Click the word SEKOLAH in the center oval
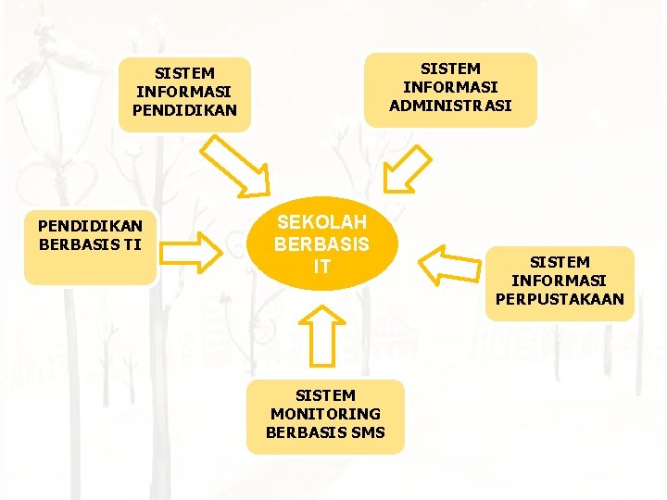[321, 222]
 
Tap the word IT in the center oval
[321, 268]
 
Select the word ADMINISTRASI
[450, 106]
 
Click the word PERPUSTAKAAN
[560, 299]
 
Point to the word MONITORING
[325, 414]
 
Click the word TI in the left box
[132, 244]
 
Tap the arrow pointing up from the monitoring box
[321, 335]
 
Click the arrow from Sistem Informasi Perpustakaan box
[447, 264]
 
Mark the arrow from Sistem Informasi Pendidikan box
[233, 166]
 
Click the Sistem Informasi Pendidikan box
[185, 92]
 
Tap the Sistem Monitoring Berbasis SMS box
[325, 416]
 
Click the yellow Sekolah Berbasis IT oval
[321, 244]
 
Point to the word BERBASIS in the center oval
[321, 245]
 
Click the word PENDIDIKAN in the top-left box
[185, 110]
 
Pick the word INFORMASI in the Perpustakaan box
[560, 281]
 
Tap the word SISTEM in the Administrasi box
[450, 69]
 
